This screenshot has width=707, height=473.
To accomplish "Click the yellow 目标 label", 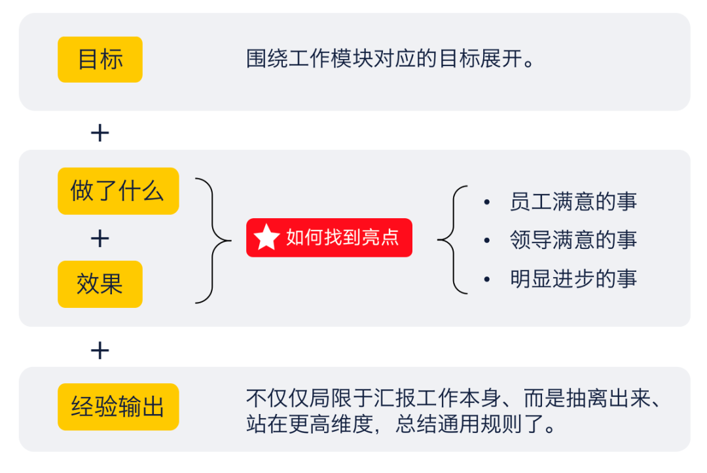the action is [x=100, y=60].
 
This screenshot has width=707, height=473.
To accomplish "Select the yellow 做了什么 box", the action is [x=118, y=191].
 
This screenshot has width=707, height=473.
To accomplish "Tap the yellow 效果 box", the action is [x=100, y=284].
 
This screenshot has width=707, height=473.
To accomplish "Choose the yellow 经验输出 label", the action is [x=118, y=407].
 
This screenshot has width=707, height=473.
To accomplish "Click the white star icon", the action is [x=266, y=237].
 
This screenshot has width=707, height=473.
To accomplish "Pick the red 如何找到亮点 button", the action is [x=329, y=237].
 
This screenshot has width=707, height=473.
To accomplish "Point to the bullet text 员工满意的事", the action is [x=573, y=202].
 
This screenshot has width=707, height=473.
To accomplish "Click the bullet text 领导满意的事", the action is [x=573, y=240].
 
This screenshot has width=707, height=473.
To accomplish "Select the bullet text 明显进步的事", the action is [x=573, y=279].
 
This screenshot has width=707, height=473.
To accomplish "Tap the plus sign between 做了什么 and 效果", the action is [x=100, y=238].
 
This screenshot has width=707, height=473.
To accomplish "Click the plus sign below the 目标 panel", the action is [x=100, y=134].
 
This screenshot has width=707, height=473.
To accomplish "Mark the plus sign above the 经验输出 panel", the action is [x=100, y=351].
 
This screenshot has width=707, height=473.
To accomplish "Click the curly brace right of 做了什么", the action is [x=214, y=240].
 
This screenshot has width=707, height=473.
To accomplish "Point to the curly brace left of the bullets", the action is [x=452, y=240].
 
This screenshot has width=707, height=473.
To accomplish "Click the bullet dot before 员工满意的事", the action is [x=486, y=202].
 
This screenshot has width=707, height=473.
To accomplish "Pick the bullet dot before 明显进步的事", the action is [x=486, y=279].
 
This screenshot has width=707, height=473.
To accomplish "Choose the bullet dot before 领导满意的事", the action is [x=486, y=240].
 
